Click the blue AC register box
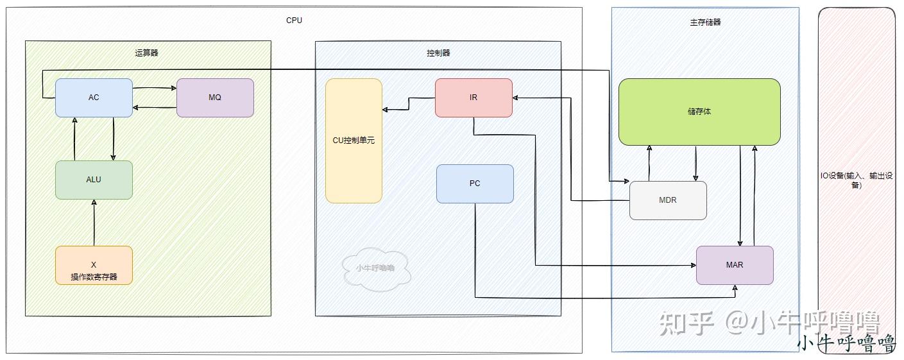(94, 98)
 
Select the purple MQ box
(215, 98)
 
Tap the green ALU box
(94, 180)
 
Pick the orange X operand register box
(94, 265)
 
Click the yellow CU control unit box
(354, 141)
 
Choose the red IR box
(473, 98)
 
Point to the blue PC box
(475, 184)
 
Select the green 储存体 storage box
(699, 112)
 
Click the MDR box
(668, 200)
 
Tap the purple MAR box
(735, 265)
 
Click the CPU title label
(294, 21)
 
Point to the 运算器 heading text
(146, 53)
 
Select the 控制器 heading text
(438, 53)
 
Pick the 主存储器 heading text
(705, 22)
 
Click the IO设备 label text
(856, 180)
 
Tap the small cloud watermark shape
(375, 268)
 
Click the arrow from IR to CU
(409, 104)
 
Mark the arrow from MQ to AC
(155, 108)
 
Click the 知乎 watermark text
(687, 323)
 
